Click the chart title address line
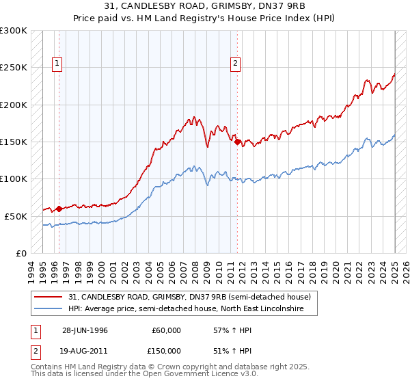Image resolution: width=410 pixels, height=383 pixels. point(205,6)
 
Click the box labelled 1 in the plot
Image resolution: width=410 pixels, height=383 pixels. point(56,64)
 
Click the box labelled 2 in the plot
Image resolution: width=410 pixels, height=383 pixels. point(235,64)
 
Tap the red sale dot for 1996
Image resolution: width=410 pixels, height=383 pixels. point(59,209)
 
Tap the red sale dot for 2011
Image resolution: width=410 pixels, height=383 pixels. point(238,142)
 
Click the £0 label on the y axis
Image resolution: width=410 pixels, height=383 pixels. point(20,253)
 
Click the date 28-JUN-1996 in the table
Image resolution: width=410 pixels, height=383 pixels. point(85,330)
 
